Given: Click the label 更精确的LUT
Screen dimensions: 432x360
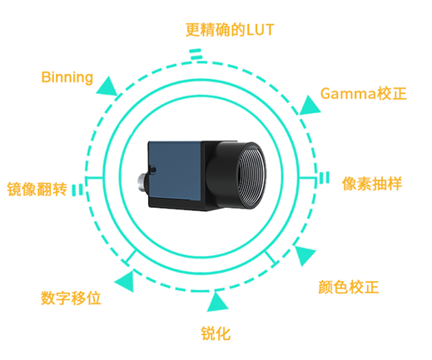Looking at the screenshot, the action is (x=230, y=30).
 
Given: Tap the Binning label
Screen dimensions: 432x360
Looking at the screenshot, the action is (x=67, y=77).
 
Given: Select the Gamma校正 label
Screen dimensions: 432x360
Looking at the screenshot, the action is (x=363, y=93).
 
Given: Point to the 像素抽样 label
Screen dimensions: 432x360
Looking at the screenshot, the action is (x=372, y=183).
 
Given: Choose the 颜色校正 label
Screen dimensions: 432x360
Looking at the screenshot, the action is (x=349, y=287).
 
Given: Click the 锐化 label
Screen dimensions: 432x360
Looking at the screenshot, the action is (x=216, y=333).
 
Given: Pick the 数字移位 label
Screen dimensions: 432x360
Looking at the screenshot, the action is (x=71, y=298).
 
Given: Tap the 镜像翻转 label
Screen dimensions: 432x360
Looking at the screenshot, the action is (x=37, y=190).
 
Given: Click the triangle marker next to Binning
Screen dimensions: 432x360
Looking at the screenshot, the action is (x=107, y=87).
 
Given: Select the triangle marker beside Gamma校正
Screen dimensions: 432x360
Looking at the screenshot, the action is (x=310, y=106).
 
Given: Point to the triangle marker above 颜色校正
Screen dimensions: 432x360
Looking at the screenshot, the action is (x=305, y=254).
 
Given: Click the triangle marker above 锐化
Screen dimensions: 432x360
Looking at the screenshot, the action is (x=217, y=302).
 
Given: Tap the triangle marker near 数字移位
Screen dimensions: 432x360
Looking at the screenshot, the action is (x=126, y=281).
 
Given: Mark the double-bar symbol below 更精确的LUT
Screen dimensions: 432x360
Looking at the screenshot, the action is (x=196, y=54).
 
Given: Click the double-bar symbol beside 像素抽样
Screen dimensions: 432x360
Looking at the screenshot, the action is (x=324, y=178).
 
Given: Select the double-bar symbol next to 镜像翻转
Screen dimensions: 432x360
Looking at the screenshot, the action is (x=77, y=190).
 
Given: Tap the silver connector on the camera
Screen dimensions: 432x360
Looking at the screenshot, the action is (x=142, y=182).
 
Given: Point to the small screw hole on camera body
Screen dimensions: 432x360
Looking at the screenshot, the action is (x=152, y=170).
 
